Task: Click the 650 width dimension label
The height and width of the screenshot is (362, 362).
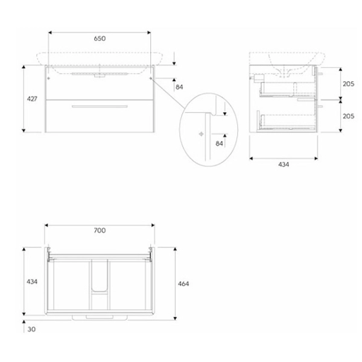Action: [x=100, y=39]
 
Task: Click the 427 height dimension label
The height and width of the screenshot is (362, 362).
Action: [x=32, y=99]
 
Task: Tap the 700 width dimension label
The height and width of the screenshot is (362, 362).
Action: [x=100, y=230]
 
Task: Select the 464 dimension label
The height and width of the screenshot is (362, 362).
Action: [x=183, y=284]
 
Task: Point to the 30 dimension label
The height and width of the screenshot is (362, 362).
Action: [x=31, y=329]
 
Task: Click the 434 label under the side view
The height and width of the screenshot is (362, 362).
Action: [x=284, y=165]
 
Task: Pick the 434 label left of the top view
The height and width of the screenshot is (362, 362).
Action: [x=32, y=282]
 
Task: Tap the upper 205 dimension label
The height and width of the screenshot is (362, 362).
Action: [x=348, y=84]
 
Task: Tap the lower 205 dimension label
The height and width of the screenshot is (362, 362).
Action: [x=348, y=116]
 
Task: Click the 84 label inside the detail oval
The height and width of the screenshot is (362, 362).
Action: [x=219, y=144]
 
